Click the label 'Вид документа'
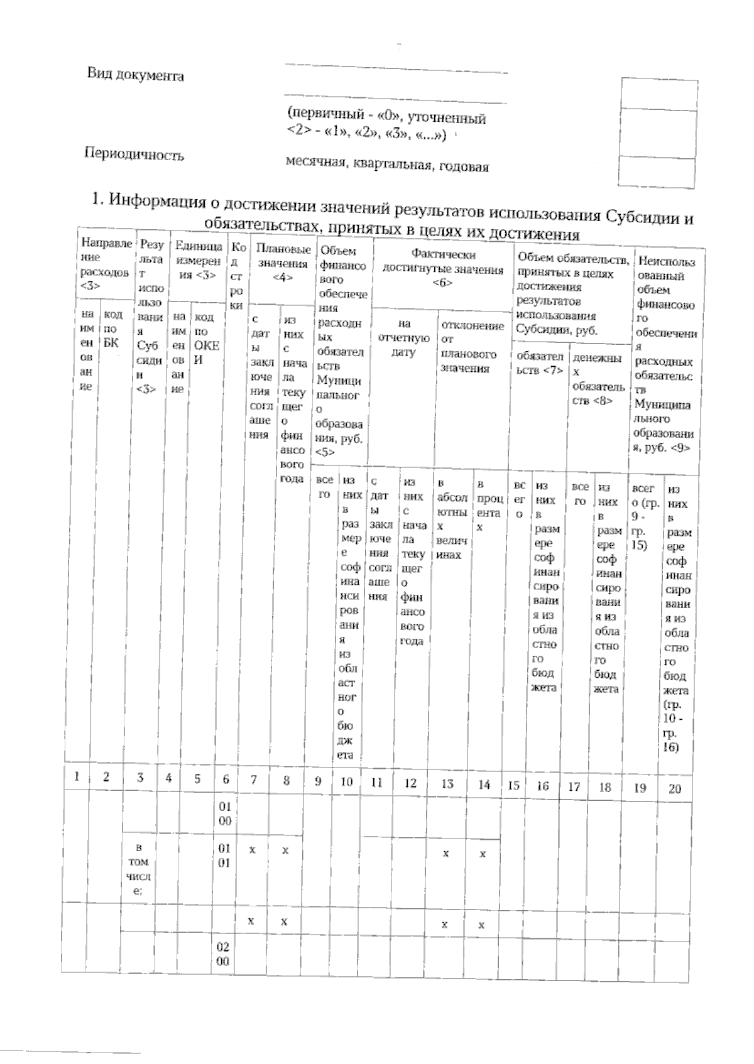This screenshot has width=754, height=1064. pos(135,75)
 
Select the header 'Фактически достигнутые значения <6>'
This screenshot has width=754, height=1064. pos(443,269)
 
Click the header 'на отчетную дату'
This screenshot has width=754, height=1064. pos(403,338)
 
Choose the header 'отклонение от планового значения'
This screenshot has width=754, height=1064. pos(473,347)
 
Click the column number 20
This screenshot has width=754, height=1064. pos(674,788)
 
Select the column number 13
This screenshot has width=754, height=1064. pos(447,784)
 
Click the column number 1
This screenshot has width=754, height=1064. pos(77,776)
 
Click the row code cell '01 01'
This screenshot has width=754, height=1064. pos(225,856)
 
